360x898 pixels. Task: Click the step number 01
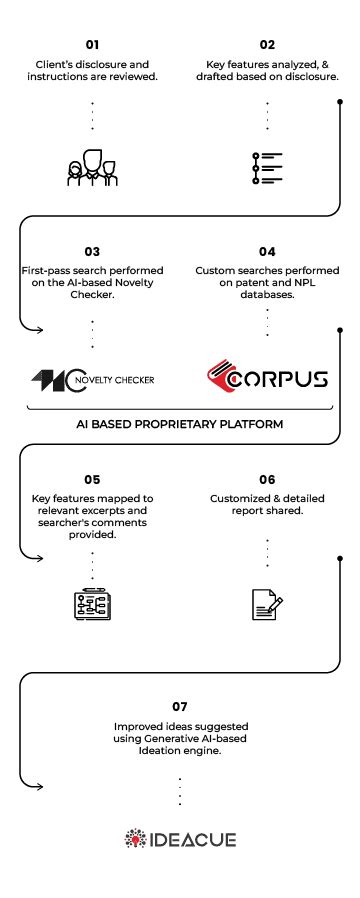pos(92,45)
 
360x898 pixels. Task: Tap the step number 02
pos(267,45)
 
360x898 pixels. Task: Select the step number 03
pos(92,252)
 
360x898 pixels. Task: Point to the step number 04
pos(267,252)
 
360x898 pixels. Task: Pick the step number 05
pos(92,479)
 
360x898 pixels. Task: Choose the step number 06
pos(267,479)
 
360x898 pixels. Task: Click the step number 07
pos(179,706)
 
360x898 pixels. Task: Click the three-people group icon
pos(92,167)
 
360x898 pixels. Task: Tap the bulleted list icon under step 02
pos(267,167)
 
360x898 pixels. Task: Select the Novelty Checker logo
pos(92,380)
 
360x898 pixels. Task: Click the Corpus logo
pos(267,380)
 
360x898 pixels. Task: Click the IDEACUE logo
pos(180,838)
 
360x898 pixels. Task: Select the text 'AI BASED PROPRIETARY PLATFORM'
pos(180,424)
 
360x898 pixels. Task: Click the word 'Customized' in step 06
pos(237,498)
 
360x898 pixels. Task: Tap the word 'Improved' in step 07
pos(143,726)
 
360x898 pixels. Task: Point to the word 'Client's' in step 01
pos(55,64)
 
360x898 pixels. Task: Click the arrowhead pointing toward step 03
pos(39,328)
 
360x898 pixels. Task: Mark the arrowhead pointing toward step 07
pos(39,785)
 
